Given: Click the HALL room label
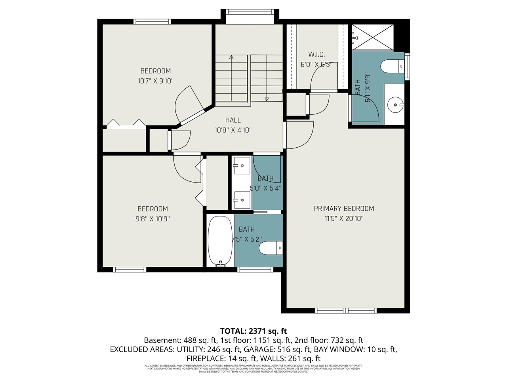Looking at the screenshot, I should click(x=233, y=120).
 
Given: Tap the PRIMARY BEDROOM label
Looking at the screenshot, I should click(x=344, y=209).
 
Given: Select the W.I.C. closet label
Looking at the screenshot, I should click(x=316, y=55).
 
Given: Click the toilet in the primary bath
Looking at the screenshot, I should click(x=393, y=66).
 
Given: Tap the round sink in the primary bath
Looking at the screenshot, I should click(x=395, y=105).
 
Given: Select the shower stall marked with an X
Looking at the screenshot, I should click(x=372, y=37).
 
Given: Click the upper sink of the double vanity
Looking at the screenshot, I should click(x=241, y=165).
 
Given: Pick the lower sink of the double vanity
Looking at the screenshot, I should click(x=241, y=200).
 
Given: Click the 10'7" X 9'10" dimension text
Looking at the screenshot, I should click(x=156, y=81).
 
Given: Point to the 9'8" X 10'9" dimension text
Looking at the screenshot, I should click(x=152, y=218).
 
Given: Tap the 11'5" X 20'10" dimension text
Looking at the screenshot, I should click(x=344, y=218).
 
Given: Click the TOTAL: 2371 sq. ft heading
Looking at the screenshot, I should click(x=253, y=331).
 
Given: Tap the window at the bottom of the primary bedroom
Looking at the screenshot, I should click(x=345, y=310).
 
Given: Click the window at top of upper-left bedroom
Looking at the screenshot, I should click(x=152, y=22).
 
